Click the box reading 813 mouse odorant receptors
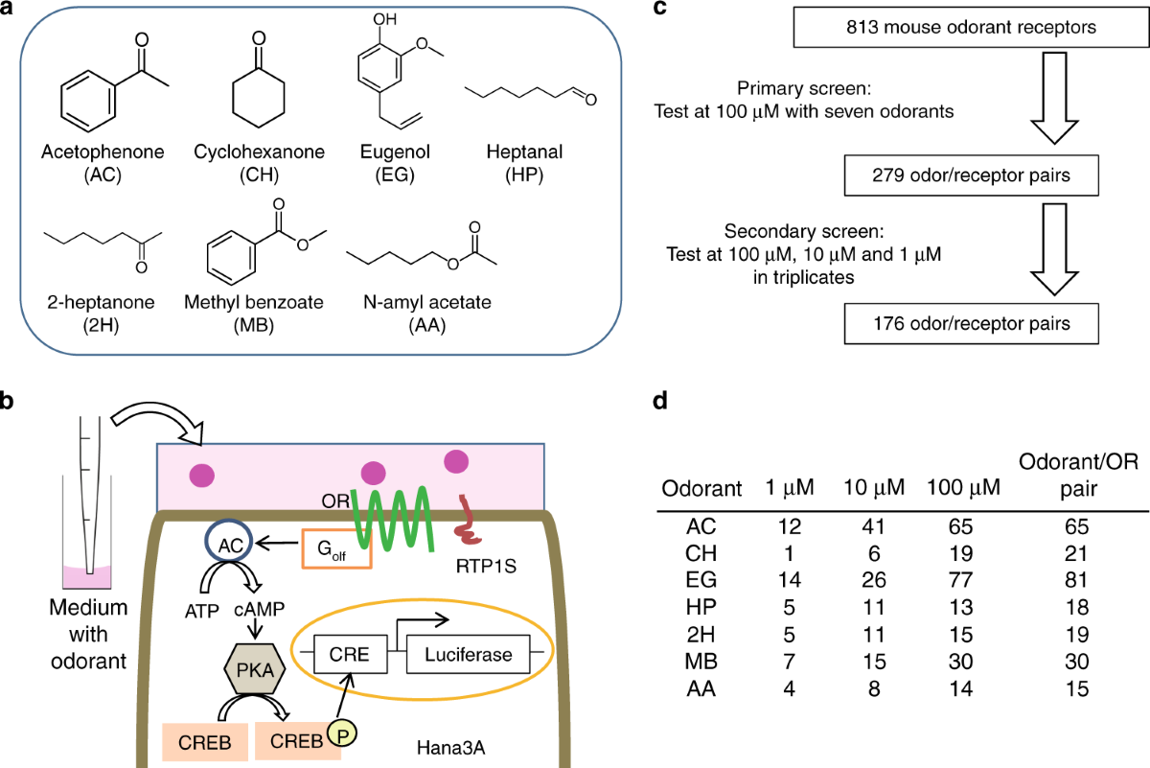tap(971, 27)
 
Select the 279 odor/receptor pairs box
tap(972, 175)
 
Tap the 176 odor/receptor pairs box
tap(972, 324)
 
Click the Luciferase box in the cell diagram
tap(469, 655)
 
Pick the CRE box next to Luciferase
tap(350, 655)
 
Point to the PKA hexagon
tap(255, 670)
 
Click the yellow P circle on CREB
tap(342, 733)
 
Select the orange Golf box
tap(336, 549)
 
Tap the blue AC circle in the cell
tap(228, 543)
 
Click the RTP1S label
tap(486, 566)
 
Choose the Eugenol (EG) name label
tap(395, 163)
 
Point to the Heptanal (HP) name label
tap(524, 163)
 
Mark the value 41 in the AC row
tap(873, 526)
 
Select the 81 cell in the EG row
tap(1076, 580)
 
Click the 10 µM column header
tap(874, 487)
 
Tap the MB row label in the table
tap(701, 662)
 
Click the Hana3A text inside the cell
tap(450, 748)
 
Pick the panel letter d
tap(660, 401)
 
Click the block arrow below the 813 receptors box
tap(1054, 98)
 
